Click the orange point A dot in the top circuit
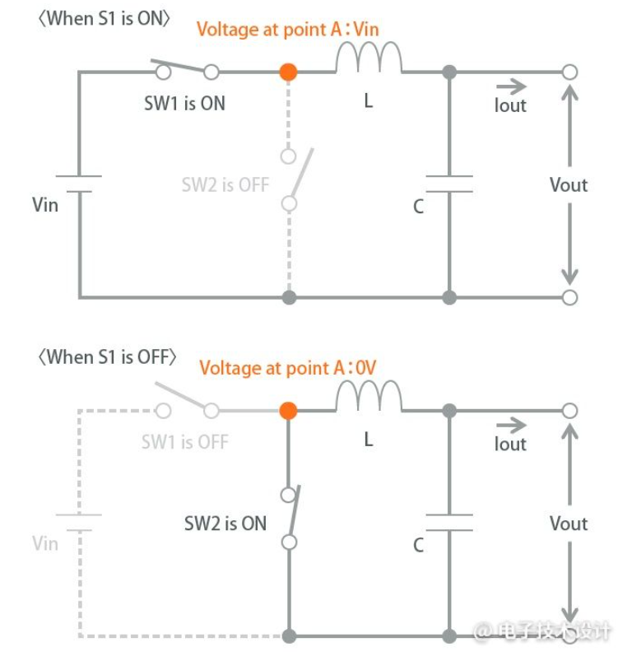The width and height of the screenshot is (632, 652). tap(288, 72)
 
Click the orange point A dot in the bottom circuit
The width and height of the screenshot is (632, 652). tap(288, 411)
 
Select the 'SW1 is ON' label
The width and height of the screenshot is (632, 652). tap(184, 103)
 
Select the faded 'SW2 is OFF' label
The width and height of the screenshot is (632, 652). tap(225, 184)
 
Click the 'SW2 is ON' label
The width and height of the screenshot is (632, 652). tap(225, 523)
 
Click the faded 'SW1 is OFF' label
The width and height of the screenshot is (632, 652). tap(185, 441)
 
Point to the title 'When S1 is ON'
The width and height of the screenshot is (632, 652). tap(104, 19)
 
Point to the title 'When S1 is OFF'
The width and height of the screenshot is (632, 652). tap(107, 357)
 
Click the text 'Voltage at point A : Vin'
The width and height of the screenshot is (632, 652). tap(288, 30)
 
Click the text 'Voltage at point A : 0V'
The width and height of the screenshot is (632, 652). tap(288, 368)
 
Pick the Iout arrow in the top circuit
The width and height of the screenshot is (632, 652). tap(511, 86)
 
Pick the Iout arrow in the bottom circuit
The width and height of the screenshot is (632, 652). tap(511, 425)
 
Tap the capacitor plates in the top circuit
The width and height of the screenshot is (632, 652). tap(449, 184)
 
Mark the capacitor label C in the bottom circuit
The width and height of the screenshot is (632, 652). tap(418, 545)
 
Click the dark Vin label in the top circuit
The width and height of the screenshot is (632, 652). tap(45, 205)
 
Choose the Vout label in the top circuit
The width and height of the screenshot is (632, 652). tap(569, 184)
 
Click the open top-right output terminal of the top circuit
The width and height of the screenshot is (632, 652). tap(569, 72)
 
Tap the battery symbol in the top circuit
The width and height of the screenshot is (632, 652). tap(79, 184)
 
